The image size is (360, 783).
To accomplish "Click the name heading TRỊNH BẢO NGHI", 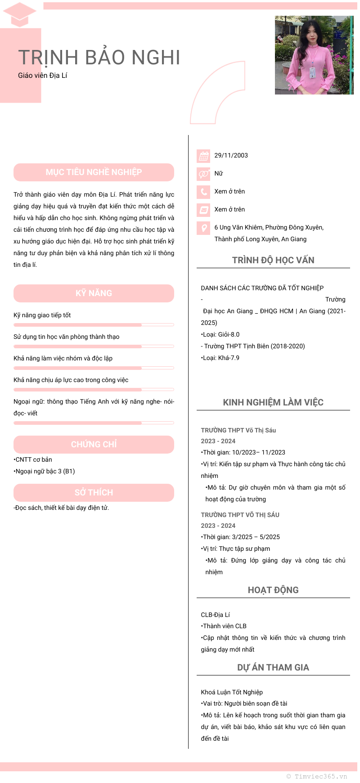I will pyautogui.click(x=99, y=58).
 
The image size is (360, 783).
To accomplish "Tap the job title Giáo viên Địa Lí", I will pyautogui.click(x=43, y=76).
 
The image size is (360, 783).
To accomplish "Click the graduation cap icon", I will pyautogui.click(x=20, y=14).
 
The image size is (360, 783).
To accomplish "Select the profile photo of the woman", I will pyautogui.click(x=314, y=55).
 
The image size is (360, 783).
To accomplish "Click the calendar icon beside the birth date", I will pyautogui.click(x=203, y=156).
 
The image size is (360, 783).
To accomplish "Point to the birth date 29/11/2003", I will pyautogui.click(x=231, y=156).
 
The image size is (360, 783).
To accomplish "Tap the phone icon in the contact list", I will pyautogui.click(x=203, y=192).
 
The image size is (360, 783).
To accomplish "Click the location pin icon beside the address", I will pyautogui.click(x=203, y=228).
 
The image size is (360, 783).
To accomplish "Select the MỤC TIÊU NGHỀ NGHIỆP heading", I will pyautogui.click(x=94, y=172).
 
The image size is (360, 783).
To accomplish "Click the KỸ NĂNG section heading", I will pyautogui.click(x=94, y=293).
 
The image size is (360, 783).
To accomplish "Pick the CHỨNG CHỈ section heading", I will pyautogui.click(x=94, y=445).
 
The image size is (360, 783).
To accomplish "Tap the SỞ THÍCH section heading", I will pyautogui.click(x=94, y=493).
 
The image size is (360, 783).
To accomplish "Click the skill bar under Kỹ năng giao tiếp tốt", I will pyautogui.click(x=94, y=324).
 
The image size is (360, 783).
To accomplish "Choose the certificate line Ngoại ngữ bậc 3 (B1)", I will pyautogui.click(x=45, y=472).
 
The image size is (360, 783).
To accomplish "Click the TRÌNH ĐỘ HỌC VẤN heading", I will pyautogui.click(x=273, y=260).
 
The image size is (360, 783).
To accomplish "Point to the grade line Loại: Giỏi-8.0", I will pyautogui.click(x=220, y=335).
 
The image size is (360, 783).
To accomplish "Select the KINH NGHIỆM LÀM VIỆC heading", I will pyautogui.click(x=273, y=402).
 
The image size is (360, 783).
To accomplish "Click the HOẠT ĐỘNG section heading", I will pyautogui.click(x=273, y=590).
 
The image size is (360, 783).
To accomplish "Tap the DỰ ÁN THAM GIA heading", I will pyautogui.click(x=273, y=667).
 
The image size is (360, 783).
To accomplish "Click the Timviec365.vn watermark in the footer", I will pyautogui.click(x=317, y=776).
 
